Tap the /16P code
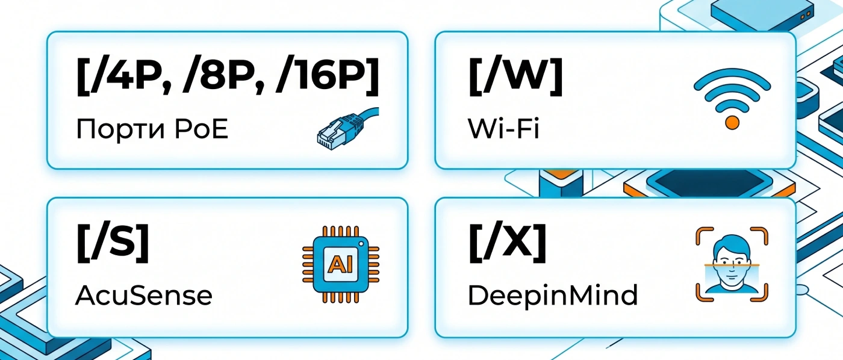point(321,77)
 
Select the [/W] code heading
point(515,77)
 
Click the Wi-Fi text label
point(503,129)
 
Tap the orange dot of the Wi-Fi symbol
point(732,123)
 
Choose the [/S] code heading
point(113,243)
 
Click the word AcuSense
point(144,296)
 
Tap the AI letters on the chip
point(341,264)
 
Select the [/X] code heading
point(507,243)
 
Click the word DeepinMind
point(553,296)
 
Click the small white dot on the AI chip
point(361,244)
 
